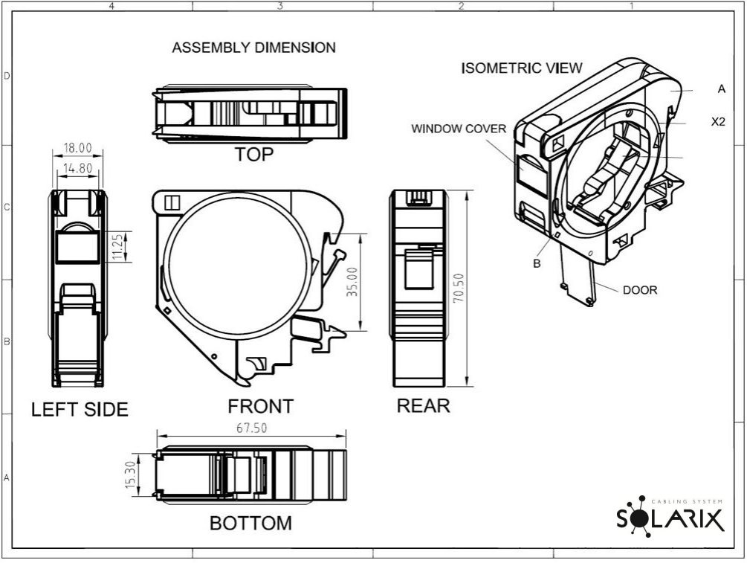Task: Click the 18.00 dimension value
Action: point(77,148)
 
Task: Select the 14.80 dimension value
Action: point(77,168)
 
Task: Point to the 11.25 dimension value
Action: point(117,246)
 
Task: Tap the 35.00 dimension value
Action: point(352,282)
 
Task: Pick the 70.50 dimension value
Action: point(459,288)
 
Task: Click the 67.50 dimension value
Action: point(251,428)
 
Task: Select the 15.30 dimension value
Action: point(131,474)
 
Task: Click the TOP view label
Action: point(254,155)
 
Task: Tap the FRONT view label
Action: point(260,406)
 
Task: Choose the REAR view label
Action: point(424,405)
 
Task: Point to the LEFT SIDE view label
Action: point(80,410)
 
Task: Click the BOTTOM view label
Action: point(250,523)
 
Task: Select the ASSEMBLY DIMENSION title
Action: point(254,48)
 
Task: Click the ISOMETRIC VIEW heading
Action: point(522,68)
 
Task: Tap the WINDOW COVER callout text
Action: point(459,129)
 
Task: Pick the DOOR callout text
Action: point(640,290)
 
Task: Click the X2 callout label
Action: point(718,121)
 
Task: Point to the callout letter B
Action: point(537,263)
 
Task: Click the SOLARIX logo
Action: point(670,516)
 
